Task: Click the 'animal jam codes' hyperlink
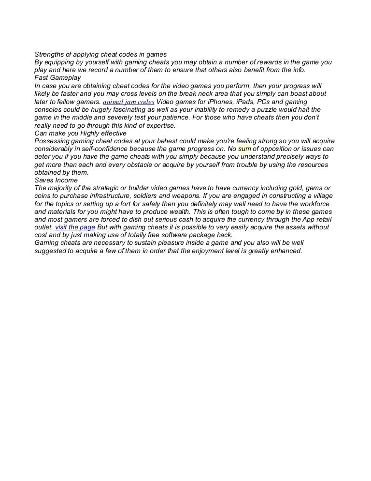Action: [x=128, y=102]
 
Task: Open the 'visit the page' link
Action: [x=75, y=227]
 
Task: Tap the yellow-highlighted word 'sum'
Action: [x=244, y=149]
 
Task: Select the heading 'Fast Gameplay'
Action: [x=57, y=77]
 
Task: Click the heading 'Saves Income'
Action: [x=56, y=180]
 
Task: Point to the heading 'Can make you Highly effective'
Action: [x=80, y=133]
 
